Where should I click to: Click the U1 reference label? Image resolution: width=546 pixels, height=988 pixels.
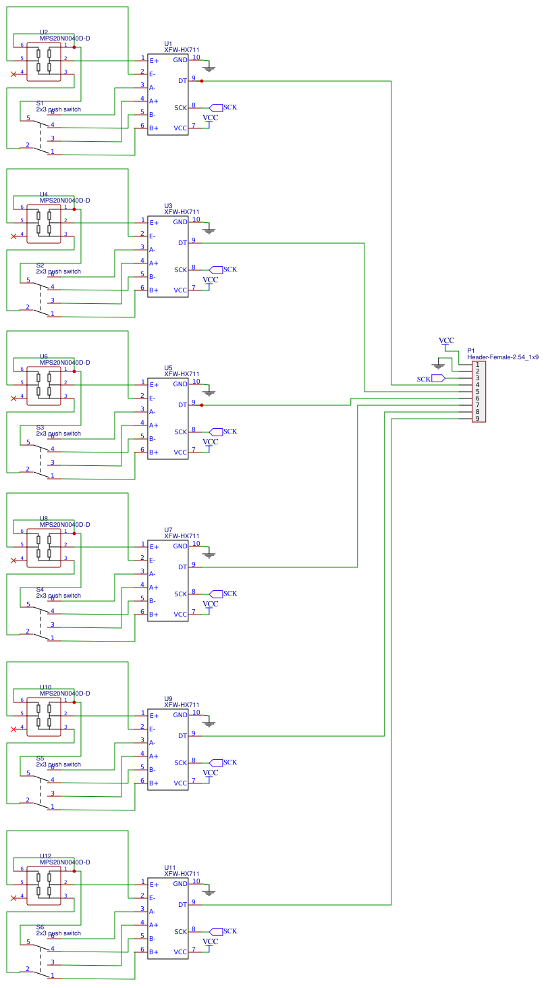pos(168,44)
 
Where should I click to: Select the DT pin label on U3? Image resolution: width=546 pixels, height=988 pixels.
pos(182,243)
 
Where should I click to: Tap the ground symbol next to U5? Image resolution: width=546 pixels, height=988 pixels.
pos(209,392)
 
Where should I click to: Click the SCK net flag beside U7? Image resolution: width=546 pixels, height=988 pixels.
pos(215,594)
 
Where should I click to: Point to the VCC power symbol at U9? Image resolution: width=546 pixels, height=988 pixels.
pos(211,773)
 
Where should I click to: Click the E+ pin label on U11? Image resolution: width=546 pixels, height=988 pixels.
pos(153,885)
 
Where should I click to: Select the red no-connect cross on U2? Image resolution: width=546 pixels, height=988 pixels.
pos(13,74)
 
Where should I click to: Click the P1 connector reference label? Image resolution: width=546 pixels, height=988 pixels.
pos(471,351)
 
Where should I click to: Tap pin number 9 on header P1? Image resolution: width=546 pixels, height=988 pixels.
pos(477,419)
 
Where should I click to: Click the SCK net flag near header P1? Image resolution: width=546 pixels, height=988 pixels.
pos(437,379)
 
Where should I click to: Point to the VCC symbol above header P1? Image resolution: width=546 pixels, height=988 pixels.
pos(446,341)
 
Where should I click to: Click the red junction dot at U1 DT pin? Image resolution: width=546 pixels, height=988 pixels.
pos(202,81)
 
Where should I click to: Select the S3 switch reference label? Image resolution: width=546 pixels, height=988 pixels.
pos(40,427)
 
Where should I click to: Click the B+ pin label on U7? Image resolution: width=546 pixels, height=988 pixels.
pos(153,615)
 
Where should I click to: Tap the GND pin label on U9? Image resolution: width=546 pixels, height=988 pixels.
pos(180,715)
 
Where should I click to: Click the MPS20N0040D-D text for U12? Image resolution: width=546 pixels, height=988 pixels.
pos(65,862)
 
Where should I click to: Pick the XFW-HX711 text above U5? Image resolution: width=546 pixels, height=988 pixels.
pos(182,374)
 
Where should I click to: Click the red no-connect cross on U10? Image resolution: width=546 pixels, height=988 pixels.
pos(13,729)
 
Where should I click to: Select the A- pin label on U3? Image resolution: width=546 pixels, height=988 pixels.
pos(153,250)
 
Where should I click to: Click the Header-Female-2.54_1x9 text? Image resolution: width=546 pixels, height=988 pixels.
pos(503,357)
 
